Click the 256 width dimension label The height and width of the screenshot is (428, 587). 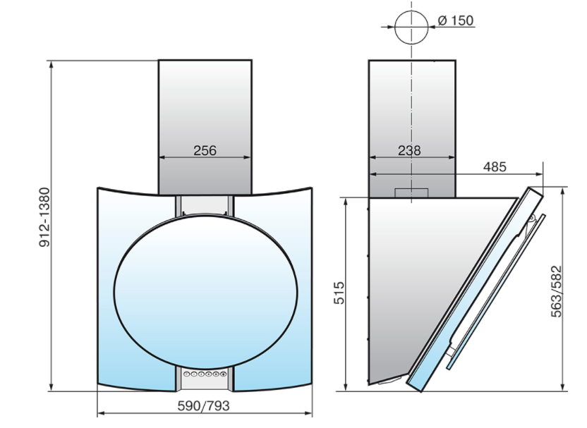click(205, 150)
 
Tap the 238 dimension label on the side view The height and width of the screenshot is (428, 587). click(409, 150)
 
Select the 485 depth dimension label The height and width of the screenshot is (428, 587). click(495, 166)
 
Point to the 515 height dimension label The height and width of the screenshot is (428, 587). click(339, 293)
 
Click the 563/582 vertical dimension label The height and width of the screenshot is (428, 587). click(556, 291)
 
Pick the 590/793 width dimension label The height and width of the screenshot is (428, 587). click(203, 405)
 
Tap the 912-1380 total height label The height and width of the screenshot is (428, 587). click(44, 217)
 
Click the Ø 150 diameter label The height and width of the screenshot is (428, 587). click(456, 20)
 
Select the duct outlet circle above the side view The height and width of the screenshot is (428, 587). click(411, 11)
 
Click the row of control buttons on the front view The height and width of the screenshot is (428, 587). click(205, 374)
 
